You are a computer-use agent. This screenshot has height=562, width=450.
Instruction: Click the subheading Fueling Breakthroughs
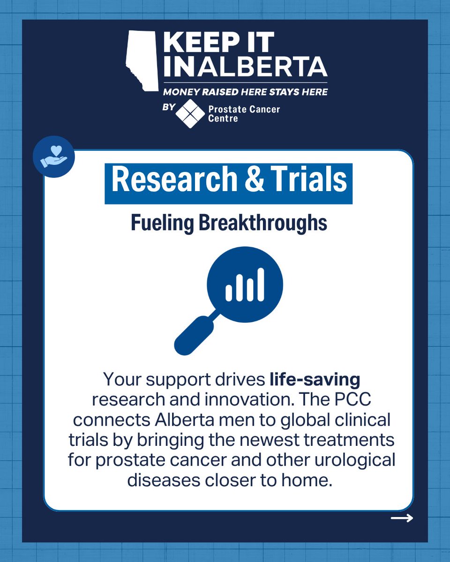228,223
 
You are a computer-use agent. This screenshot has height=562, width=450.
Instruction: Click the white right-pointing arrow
402,518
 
